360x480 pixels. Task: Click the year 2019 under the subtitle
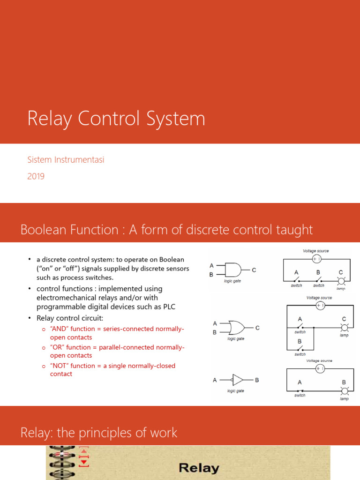pos(36,177)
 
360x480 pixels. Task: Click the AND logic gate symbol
pos(233,270)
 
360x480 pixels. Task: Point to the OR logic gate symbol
pos(235,327)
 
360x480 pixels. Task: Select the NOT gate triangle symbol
pos(238,380)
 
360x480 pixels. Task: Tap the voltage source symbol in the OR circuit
pos(321,305)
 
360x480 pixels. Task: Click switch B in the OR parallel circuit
pos(300,348)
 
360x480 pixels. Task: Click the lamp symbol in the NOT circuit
pos(345,391)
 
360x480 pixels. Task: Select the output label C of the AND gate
pos(254,270)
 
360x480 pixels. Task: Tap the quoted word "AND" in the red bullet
pos(58,329)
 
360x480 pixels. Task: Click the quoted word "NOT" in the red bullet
pos(58,366)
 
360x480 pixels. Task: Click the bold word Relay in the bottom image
pos(199,468)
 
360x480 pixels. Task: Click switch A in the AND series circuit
pos(297,280)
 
